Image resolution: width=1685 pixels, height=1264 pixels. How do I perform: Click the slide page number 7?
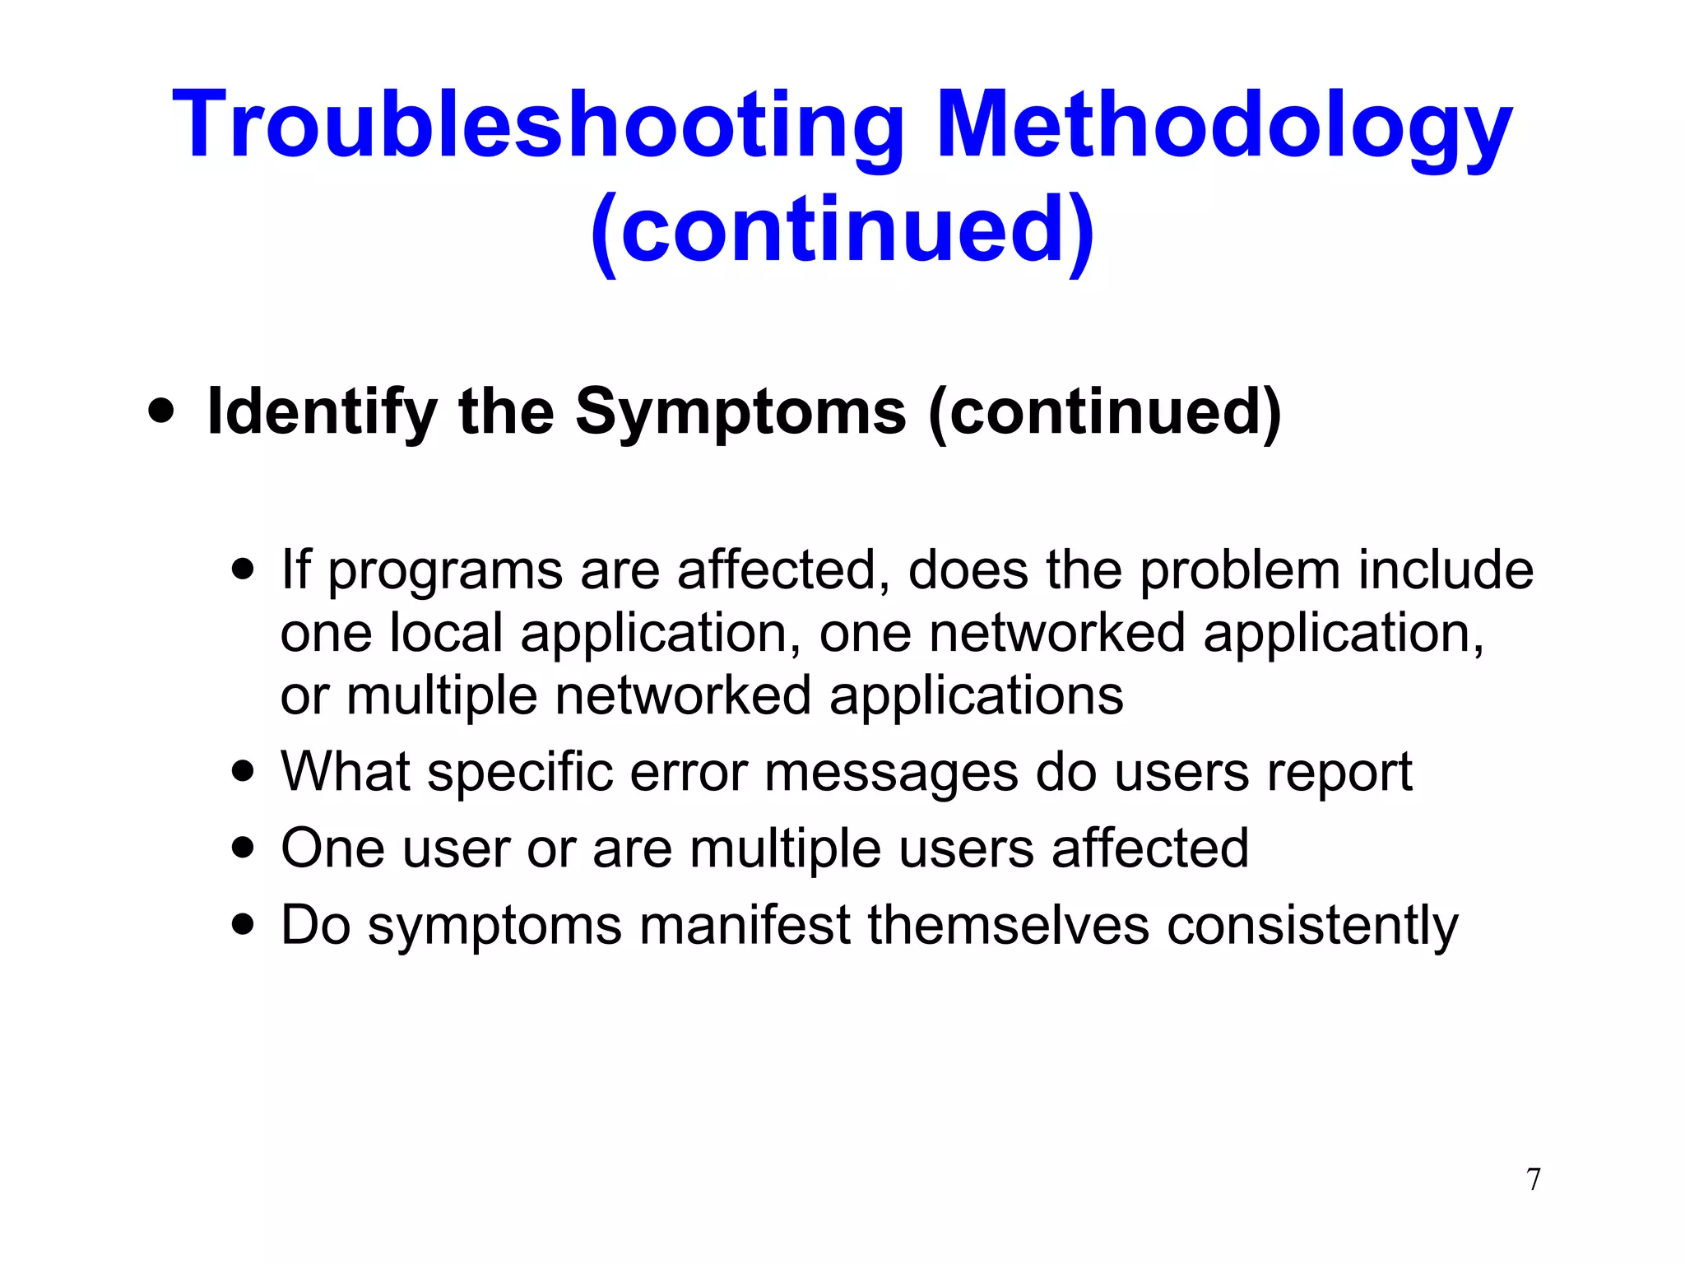[x=1534, y=1179]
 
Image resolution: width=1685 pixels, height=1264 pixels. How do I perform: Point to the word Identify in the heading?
[x=322, y=411]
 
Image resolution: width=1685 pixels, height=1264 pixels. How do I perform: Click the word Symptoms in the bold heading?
[x=740, y=411]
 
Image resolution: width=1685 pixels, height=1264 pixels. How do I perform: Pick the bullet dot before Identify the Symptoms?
[x=162, y=411]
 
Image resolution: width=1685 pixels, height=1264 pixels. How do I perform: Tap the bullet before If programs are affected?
[x=243, y=569]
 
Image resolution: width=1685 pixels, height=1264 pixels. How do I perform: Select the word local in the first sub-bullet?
[x=445, y=633]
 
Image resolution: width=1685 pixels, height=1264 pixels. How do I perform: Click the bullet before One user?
[x=243, y=847]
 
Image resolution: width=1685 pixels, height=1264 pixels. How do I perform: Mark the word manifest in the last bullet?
[x=745, y=924]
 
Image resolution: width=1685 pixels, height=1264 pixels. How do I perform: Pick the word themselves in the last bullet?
[x=1008, y=924]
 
